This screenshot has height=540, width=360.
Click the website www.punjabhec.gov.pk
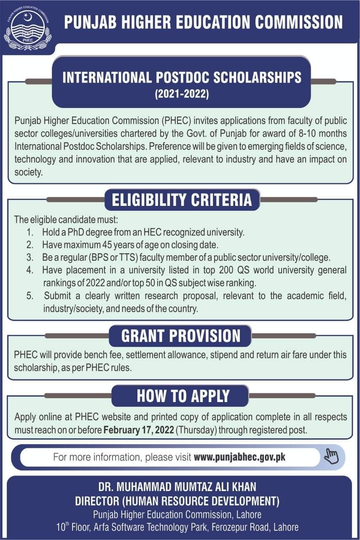pyautogui.click(x=239, y=457)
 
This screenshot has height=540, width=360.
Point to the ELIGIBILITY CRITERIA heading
pyautogui.click(x=182, y=200)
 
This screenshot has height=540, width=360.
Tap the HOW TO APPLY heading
pyautogui.click(x=183, y=396)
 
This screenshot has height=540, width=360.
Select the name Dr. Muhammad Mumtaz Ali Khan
pyautogui.click(x=177, y=487)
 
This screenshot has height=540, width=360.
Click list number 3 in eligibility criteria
pyautogui.click(x=30, y=257)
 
